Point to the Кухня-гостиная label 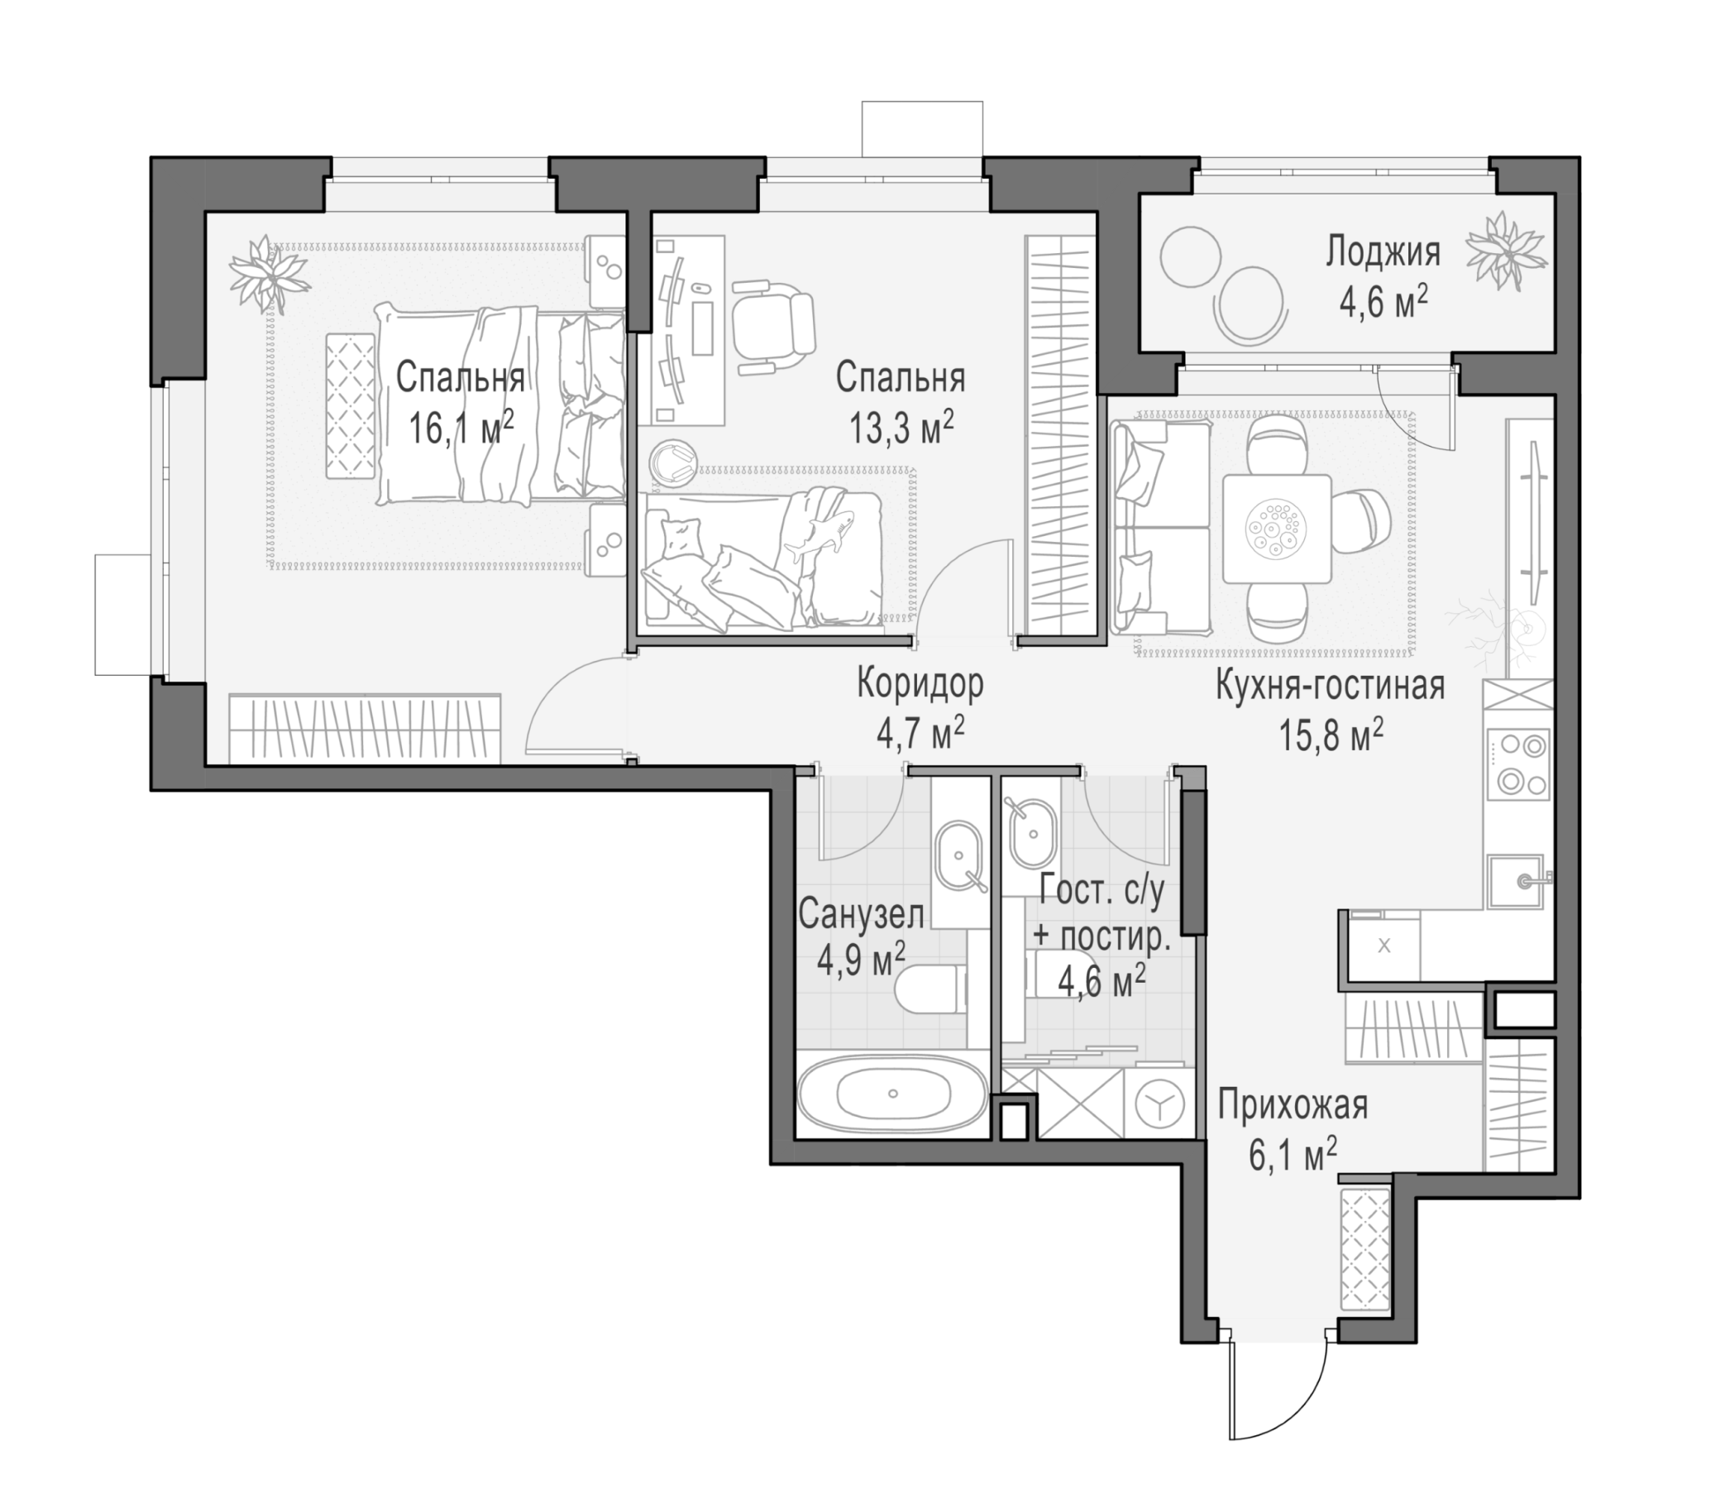pyautogui.click(x=1330, y=687)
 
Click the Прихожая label pyautogui.click(x=1293, y=1107)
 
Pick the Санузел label pyautogui.click(x=861, y=915)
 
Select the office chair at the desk pyautogui.click(x=772, y=323)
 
